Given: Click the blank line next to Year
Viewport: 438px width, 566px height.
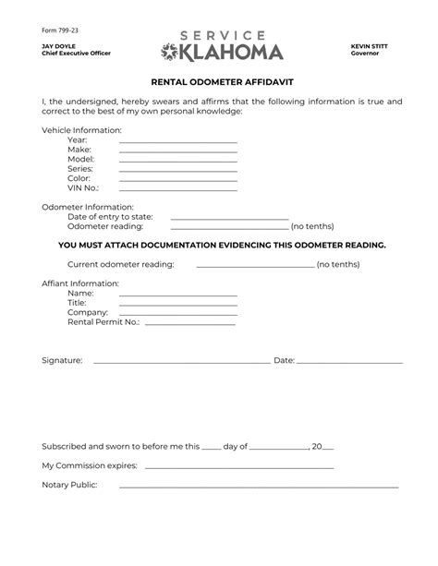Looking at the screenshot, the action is pyautogui.click(x=177, y=140).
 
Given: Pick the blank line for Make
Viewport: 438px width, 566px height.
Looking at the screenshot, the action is pyautogui.click(x=177, y=151).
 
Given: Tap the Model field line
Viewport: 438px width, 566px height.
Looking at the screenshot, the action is pyautogui.click(x=177, y=161).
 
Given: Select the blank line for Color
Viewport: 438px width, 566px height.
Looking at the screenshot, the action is pyautogui.click(x=177, y=180).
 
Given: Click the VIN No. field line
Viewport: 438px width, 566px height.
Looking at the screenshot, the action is pyautogui.click(x=177, y=190).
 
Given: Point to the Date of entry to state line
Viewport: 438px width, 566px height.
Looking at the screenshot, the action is pyautogui.click(x=229, y=218).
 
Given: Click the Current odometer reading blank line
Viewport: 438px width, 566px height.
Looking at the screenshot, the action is pyautogui.click(x=255, y=265).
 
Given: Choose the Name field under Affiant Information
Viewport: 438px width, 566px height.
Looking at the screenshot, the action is pyautogui.click(x=177, y=294).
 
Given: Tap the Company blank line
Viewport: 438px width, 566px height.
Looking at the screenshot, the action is pyautogui.click(x=177, y=313).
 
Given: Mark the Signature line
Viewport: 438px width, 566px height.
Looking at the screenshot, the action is pyautogui.click(x=181, y=362).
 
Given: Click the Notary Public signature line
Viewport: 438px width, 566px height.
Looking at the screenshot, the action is pyautogui.click(x=259, y=487).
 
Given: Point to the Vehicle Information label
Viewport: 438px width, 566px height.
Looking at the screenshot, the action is pyautogui.click(x=81, y=130).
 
